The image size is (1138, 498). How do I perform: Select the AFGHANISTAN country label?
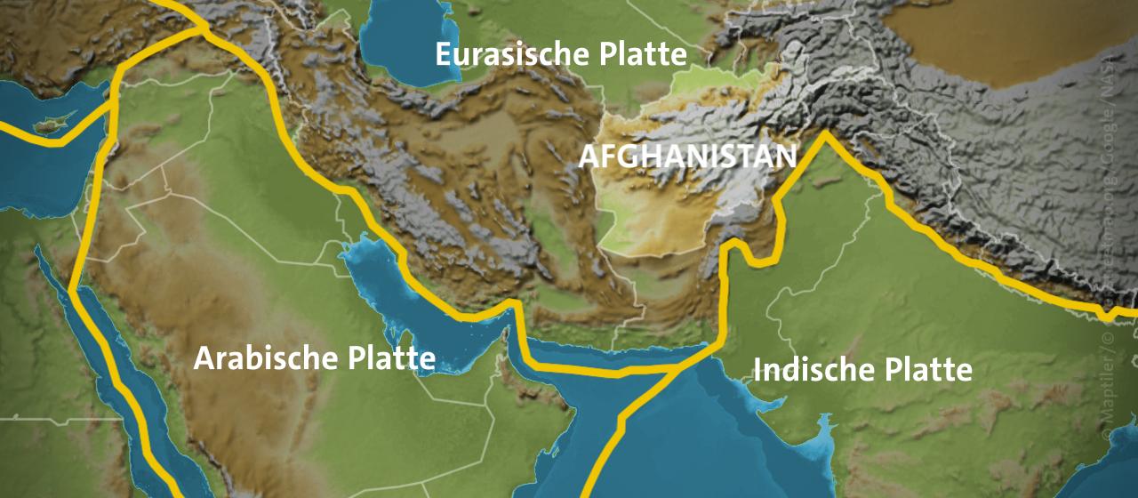tap(687, 157)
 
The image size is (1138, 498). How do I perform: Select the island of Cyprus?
tap(44, 125)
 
